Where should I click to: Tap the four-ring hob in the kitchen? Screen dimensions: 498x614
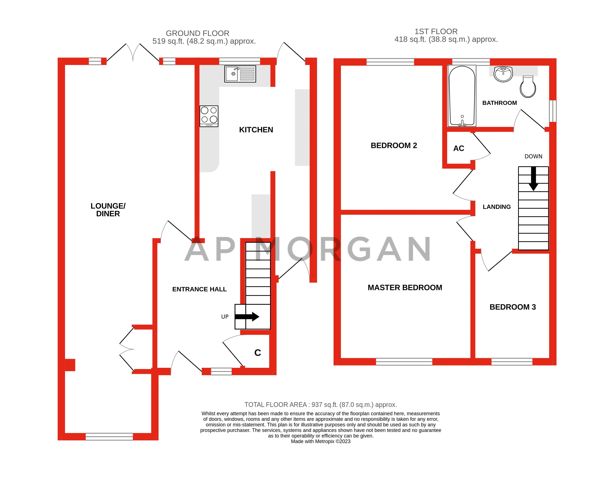tap(209, 116)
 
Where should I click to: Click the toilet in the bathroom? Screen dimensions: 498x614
tap(528, 87)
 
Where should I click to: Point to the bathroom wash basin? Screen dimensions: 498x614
tap(503, 74)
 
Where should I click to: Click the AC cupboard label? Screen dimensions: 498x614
tap(459, 148)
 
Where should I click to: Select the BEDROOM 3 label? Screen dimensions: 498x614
tap(512, 307)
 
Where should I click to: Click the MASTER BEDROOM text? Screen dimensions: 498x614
tap(405, 287)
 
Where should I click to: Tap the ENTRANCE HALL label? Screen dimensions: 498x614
tap(199, 289)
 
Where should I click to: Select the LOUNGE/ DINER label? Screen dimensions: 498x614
tap(108, 210)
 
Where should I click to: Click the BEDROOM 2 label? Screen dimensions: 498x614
tap(394, 145)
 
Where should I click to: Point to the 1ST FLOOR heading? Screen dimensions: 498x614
tap(436, 32)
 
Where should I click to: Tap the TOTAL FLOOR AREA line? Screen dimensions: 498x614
tap(320, 405)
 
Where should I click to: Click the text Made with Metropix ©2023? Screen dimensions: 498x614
tap(320, 441)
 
